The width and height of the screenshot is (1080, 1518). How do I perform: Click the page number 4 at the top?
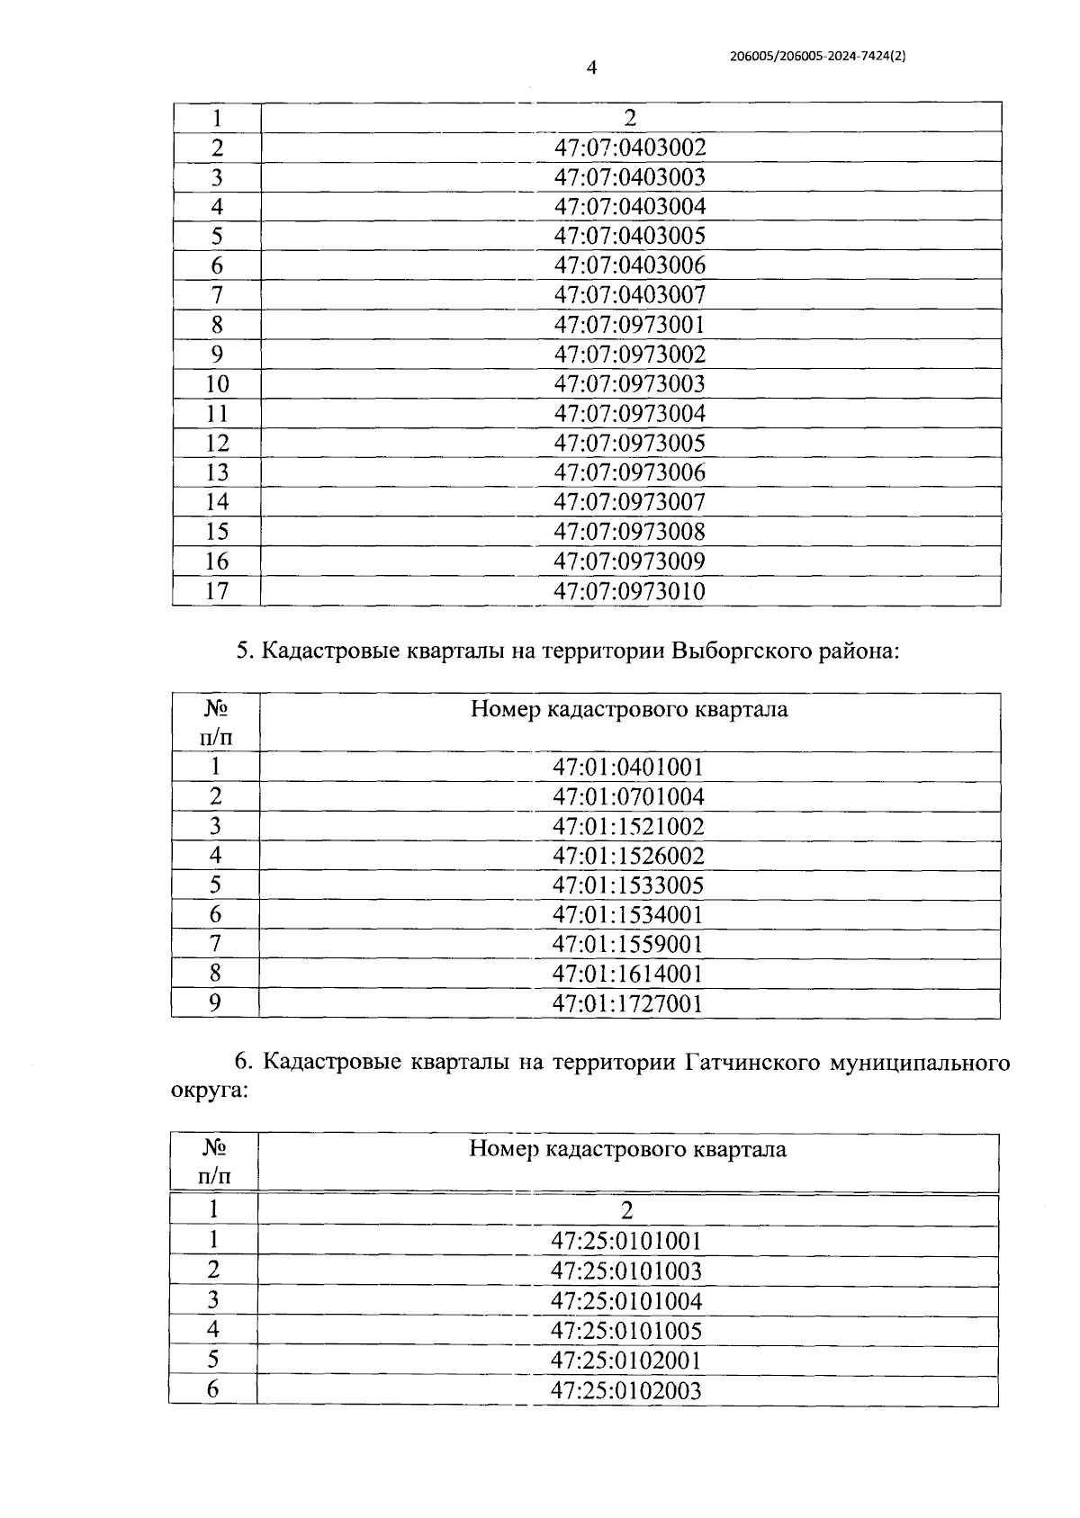click(x=591, y=68)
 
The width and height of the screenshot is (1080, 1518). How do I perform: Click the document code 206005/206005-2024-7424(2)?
click(x=817, y=55)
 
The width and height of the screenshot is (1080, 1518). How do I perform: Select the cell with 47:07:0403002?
click(x=630, y=148)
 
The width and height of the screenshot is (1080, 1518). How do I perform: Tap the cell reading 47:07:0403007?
click(x=630, y=295)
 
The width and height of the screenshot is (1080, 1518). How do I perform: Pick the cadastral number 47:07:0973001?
click(x=630, y=325)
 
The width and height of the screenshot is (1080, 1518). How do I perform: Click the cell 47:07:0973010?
click(x=630, y=591)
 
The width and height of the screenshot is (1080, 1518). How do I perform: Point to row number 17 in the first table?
click(x=217, y=591)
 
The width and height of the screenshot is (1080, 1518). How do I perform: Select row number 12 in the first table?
click(x=217, y=443)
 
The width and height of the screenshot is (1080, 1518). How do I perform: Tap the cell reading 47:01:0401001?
click(x=628, y=767)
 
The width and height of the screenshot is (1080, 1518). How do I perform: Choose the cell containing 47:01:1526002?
click(x=628, y=855)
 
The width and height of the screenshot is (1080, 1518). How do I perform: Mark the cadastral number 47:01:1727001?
click(x=628, y=1003)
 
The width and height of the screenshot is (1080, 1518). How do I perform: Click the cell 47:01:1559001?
click(x=628, y=944)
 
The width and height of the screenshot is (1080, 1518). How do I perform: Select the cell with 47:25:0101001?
click(x=626, y=1242)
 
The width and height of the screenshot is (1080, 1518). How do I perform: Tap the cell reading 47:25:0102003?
click(x=626, y=1390)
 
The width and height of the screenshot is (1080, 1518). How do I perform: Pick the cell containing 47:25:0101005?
click(x=626, y=1331)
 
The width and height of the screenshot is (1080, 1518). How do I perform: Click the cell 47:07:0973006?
click(x=630, y=472)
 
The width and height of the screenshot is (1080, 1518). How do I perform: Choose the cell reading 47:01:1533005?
click(x=628, y=885)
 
